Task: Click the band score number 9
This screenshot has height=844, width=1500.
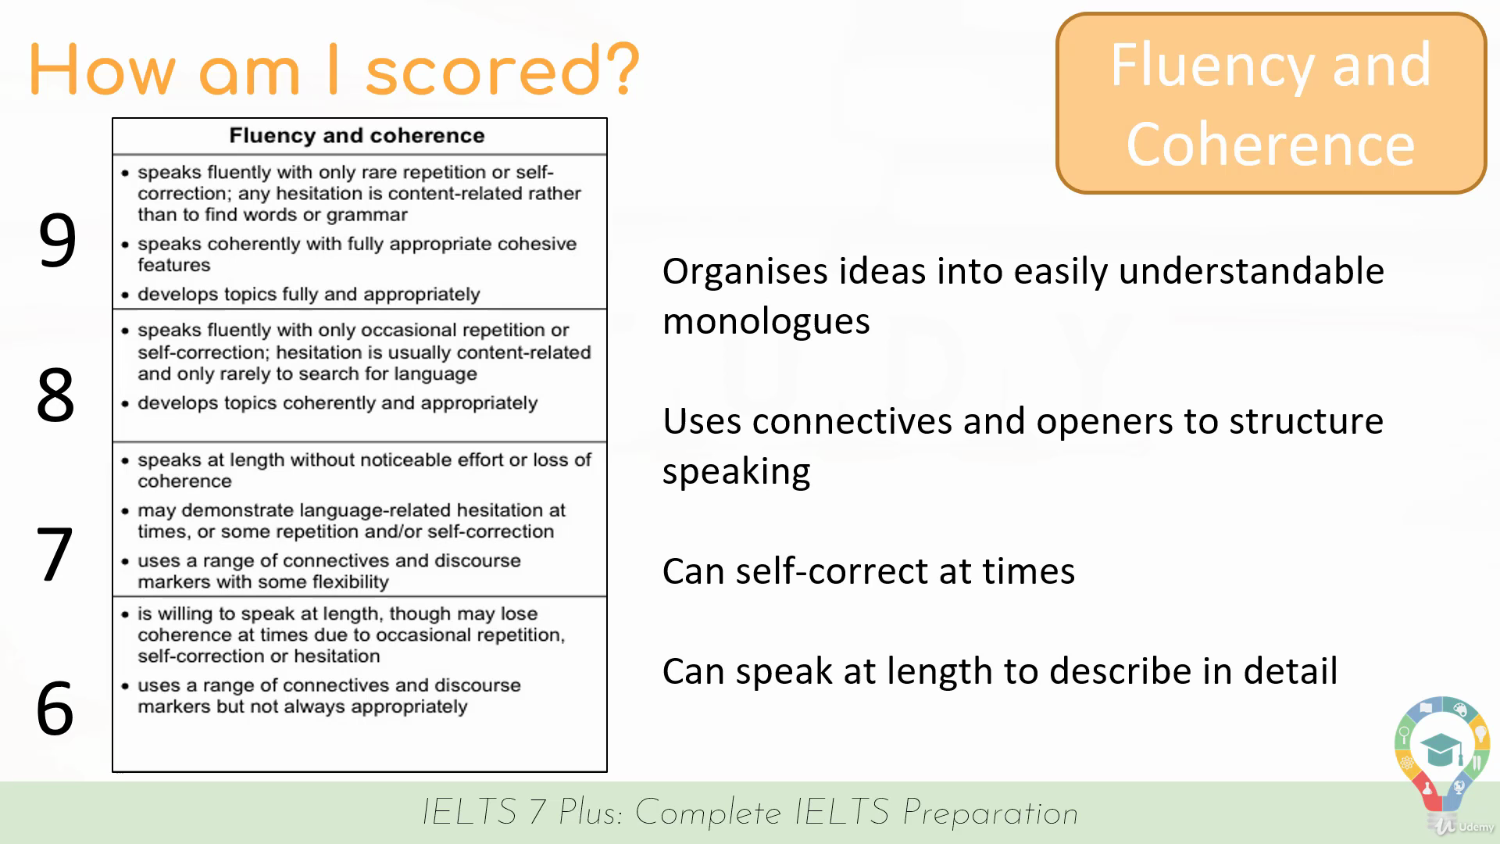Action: point(57,240)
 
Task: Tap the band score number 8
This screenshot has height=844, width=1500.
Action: point(55,395)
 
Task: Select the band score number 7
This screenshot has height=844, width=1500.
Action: point(55,554)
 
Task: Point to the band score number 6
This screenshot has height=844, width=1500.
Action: point(55,708)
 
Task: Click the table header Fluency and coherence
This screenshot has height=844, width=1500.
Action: point(357,135)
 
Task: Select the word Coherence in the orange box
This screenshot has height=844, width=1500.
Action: point(1270,145)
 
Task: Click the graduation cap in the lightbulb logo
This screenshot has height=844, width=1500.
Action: point(1441,750)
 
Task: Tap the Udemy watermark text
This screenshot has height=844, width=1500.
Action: point(1476,827)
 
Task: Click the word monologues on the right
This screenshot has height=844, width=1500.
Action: point(766,321)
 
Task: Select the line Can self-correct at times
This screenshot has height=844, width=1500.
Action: point(869,571)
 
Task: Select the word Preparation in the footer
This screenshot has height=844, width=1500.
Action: point(990,814)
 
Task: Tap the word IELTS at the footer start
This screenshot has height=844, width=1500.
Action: point(470,813)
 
